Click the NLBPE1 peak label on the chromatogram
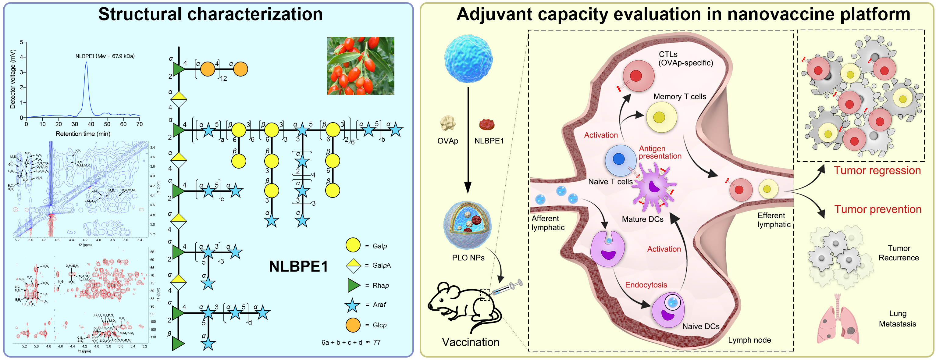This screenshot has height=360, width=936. point(105,56)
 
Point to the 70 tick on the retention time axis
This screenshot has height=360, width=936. point(140,124)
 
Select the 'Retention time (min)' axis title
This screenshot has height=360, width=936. point(83,134)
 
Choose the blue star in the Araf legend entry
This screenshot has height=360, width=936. point(352,305)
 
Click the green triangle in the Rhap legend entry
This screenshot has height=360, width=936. point(353,285)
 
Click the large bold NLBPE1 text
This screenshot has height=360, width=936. point(298,266)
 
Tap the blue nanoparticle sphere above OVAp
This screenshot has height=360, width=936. point(468,59)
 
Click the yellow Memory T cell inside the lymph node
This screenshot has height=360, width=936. point(661,117)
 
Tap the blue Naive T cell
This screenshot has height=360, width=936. point(620,160)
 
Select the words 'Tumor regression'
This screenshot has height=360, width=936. point(877,170)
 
